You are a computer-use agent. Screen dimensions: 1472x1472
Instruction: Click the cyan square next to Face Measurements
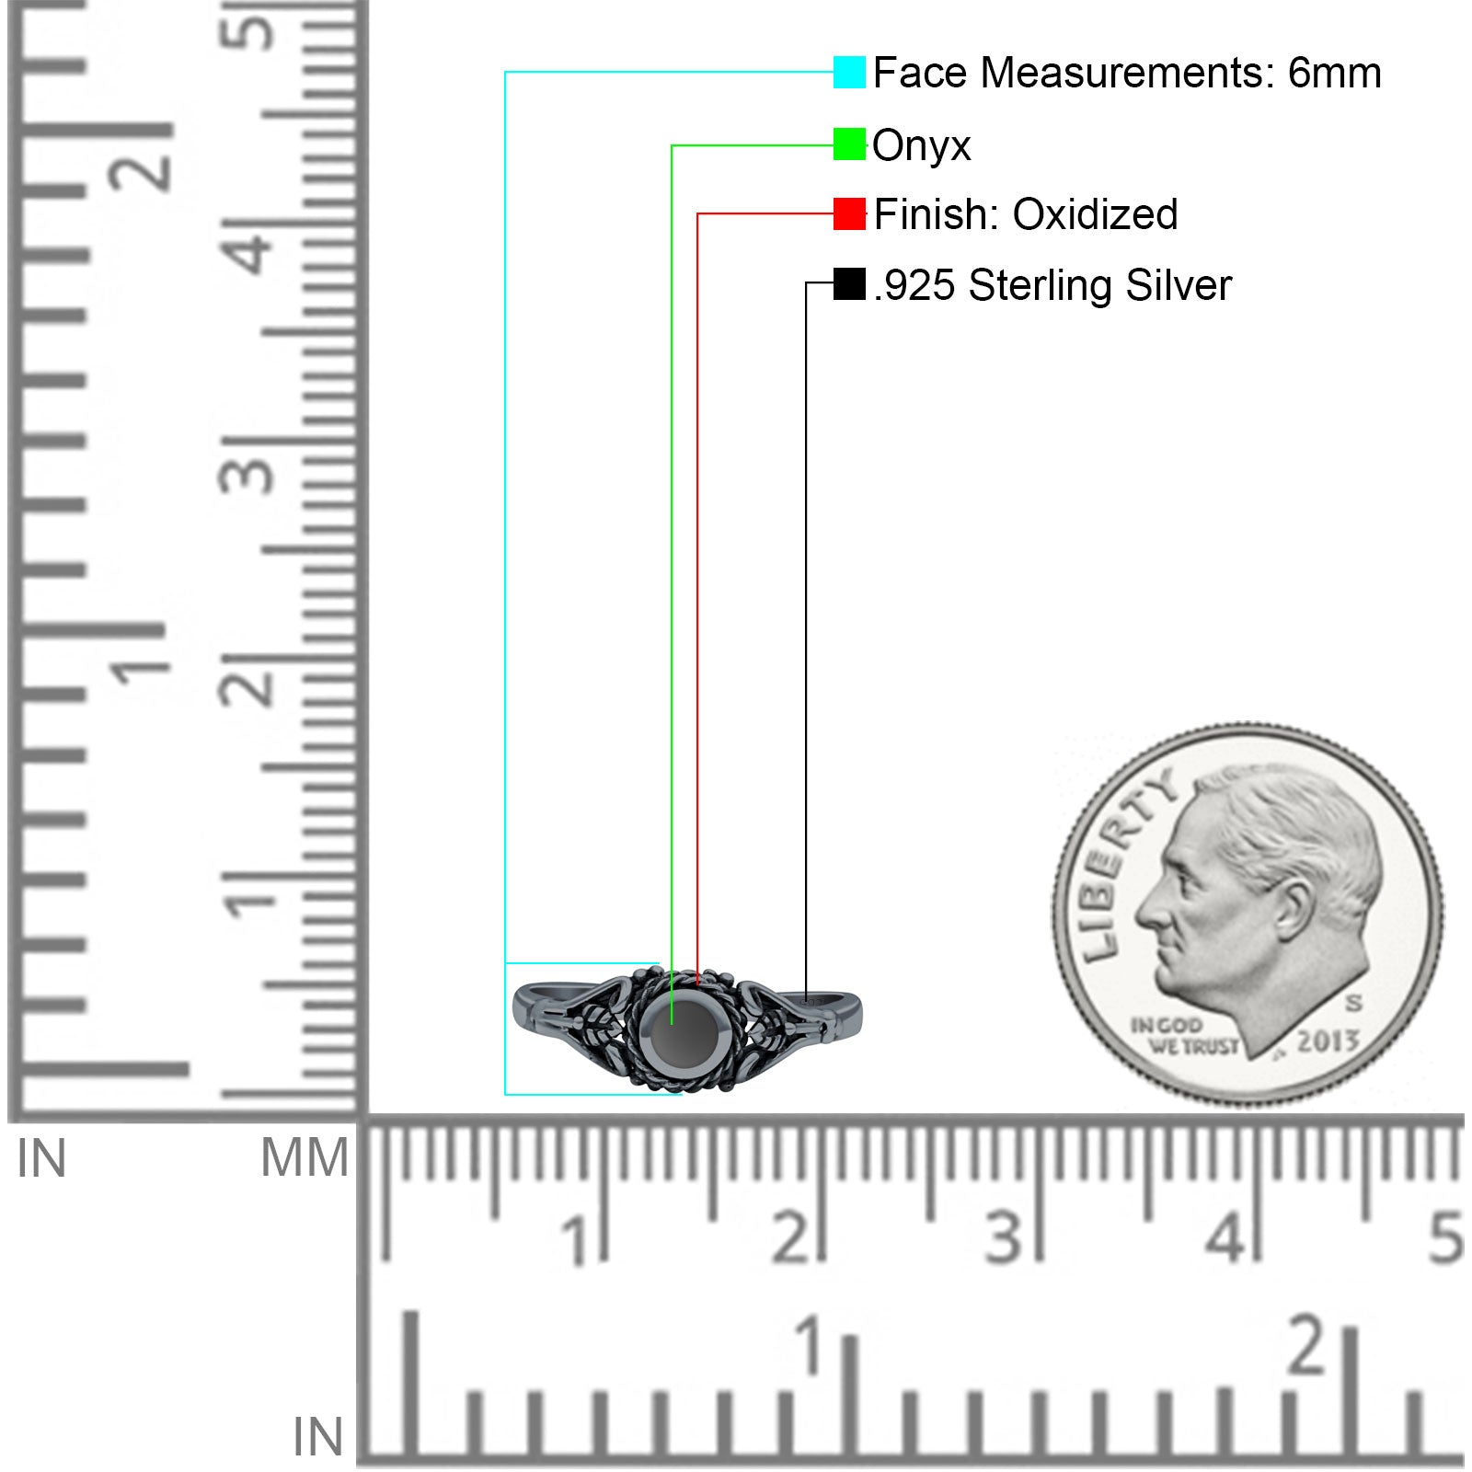[x=849, y=72]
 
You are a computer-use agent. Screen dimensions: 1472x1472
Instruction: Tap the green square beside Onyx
[x=849, y=144]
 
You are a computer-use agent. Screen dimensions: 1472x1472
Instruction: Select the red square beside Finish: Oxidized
[x=849, y=213]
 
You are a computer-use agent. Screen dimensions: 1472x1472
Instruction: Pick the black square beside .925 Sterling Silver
[x=849, y=283]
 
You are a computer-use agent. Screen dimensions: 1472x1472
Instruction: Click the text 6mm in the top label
[x=1334, y=73]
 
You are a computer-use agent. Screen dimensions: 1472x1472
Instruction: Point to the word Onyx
[x=921, y=146]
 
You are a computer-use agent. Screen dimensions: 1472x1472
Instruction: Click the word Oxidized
[x=1095, y=214]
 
